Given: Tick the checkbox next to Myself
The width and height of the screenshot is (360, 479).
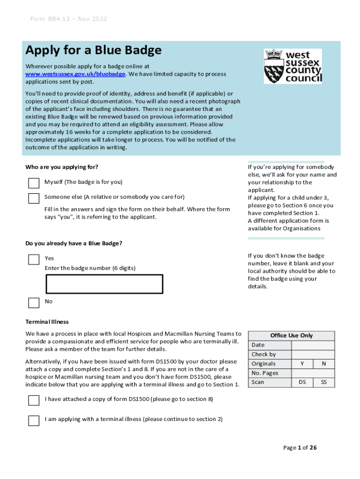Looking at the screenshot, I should [34, 183].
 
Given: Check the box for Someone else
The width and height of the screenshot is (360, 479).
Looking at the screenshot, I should [34, 198].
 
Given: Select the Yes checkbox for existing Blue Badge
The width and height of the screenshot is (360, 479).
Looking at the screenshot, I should [34, 260].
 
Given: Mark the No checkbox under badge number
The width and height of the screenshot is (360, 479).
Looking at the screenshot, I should [34, 303].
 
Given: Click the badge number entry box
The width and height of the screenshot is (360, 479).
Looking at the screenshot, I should [104, 284].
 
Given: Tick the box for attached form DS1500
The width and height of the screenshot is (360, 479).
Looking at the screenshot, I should [34, 400].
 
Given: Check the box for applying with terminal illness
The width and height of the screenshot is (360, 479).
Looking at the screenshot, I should [34, 420].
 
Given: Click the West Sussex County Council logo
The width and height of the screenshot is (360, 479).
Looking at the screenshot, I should [293, 66].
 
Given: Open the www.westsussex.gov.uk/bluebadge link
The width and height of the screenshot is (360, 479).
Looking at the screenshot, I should [75, 74].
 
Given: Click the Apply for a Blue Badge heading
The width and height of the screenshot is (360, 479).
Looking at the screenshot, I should [94, 51].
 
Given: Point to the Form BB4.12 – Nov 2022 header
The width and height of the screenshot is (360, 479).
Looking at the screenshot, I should [69, 19].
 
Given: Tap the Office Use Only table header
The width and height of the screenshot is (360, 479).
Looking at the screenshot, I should [291, 336].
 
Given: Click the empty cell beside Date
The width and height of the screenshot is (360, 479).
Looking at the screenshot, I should [313, 345].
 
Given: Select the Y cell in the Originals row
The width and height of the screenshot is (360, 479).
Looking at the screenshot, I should [302, 364].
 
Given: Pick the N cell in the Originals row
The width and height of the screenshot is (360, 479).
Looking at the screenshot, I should [324, 364].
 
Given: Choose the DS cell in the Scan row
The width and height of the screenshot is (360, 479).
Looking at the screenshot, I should [302, 383].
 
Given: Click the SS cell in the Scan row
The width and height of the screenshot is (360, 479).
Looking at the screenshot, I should [324, 383].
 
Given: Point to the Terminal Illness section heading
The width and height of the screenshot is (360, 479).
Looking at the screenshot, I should [47, 322].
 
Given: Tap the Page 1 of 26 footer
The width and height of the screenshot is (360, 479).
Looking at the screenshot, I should [300, 448].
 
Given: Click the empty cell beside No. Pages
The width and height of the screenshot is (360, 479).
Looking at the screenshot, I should [313, 373].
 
